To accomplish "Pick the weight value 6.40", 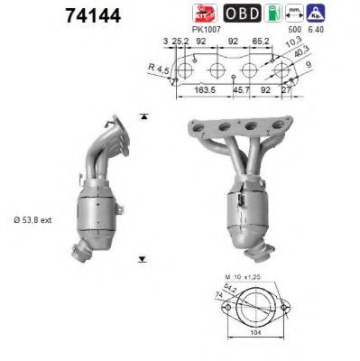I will coord(341,30).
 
